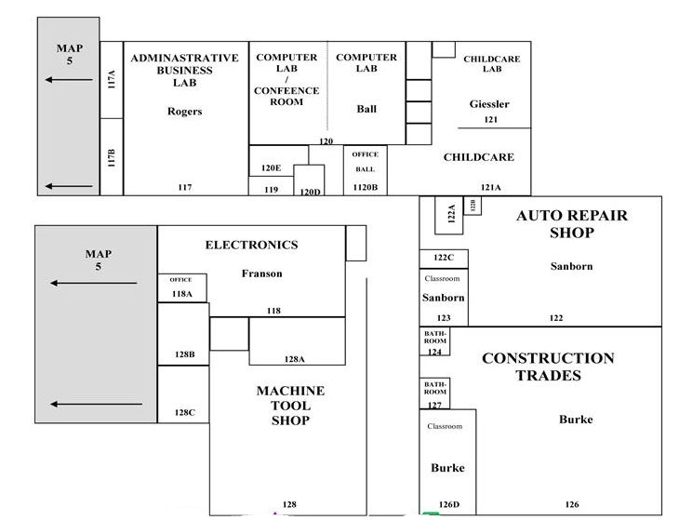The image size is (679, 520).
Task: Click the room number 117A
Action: [x=112, y=80]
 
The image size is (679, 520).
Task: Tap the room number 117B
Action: [x=112, y=158]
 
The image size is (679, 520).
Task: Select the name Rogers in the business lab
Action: [x=185, y=112]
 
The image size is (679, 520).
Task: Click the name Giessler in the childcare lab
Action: [x=489, y=104]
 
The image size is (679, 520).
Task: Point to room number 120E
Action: [x=271, y=168]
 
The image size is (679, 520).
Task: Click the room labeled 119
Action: [x=271, y=190]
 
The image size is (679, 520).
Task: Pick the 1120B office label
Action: [x=365, y=188]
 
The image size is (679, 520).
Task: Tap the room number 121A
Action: [x=490, y=188]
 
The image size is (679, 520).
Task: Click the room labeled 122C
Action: [x=444, y=258]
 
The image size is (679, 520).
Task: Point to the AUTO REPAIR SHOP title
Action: [x=572, y=224]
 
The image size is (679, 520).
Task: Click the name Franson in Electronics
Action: [x=262, y=273]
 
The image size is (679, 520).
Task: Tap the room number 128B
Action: [x=185, y=354]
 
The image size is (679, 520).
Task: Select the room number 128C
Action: [x=185, y=413]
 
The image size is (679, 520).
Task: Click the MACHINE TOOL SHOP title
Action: [x=290, y=406]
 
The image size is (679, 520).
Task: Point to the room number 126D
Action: [x=449, y=504]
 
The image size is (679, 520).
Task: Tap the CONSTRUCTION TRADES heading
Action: [x=548, y=367]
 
